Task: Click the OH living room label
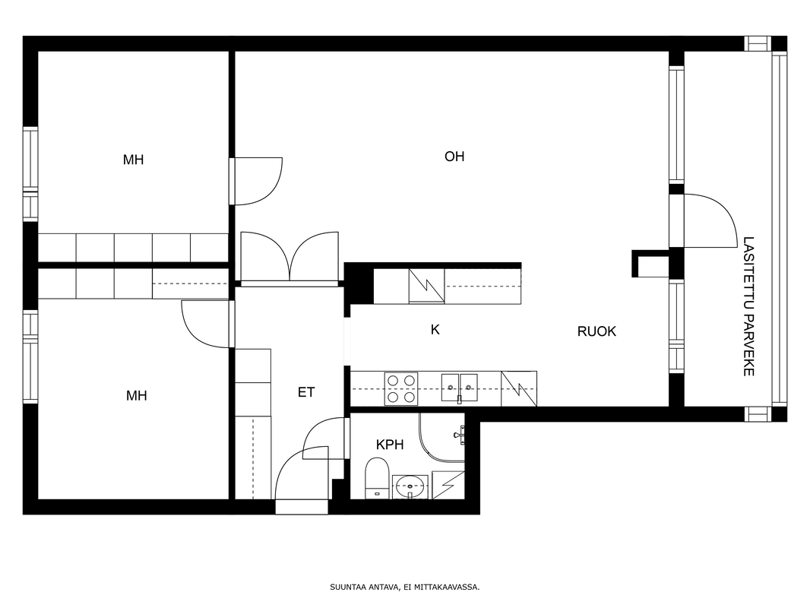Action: pyautogui.click(x=454, y=156)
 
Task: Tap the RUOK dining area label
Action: pyautogui.click(x=596, y=331)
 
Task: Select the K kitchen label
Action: pyautogui.click(x=435, y=330)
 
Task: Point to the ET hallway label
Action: pyautogui.click(x=305, y=393)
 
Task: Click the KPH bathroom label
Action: pyautogui.click(x=390, y=445)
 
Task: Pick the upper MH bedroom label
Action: pyautogui.click(x=133, y=160)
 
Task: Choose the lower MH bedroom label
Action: pyautogui.click(x=136, y=396)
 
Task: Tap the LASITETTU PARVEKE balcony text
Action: pyautogui.click(x=748, y=306)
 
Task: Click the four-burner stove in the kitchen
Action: pyautogui.click(x=401, y=389)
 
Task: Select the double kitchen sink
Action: pyautogui.click(x=459, y=388)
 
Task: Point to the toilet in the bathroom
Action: pyautogui.click(x=377, y=478)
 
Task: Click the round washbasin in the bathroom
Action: pyautogui.click(x=410, y=486)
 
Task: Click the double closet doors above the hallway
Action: pyautogui.click(x=290, y=258)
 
